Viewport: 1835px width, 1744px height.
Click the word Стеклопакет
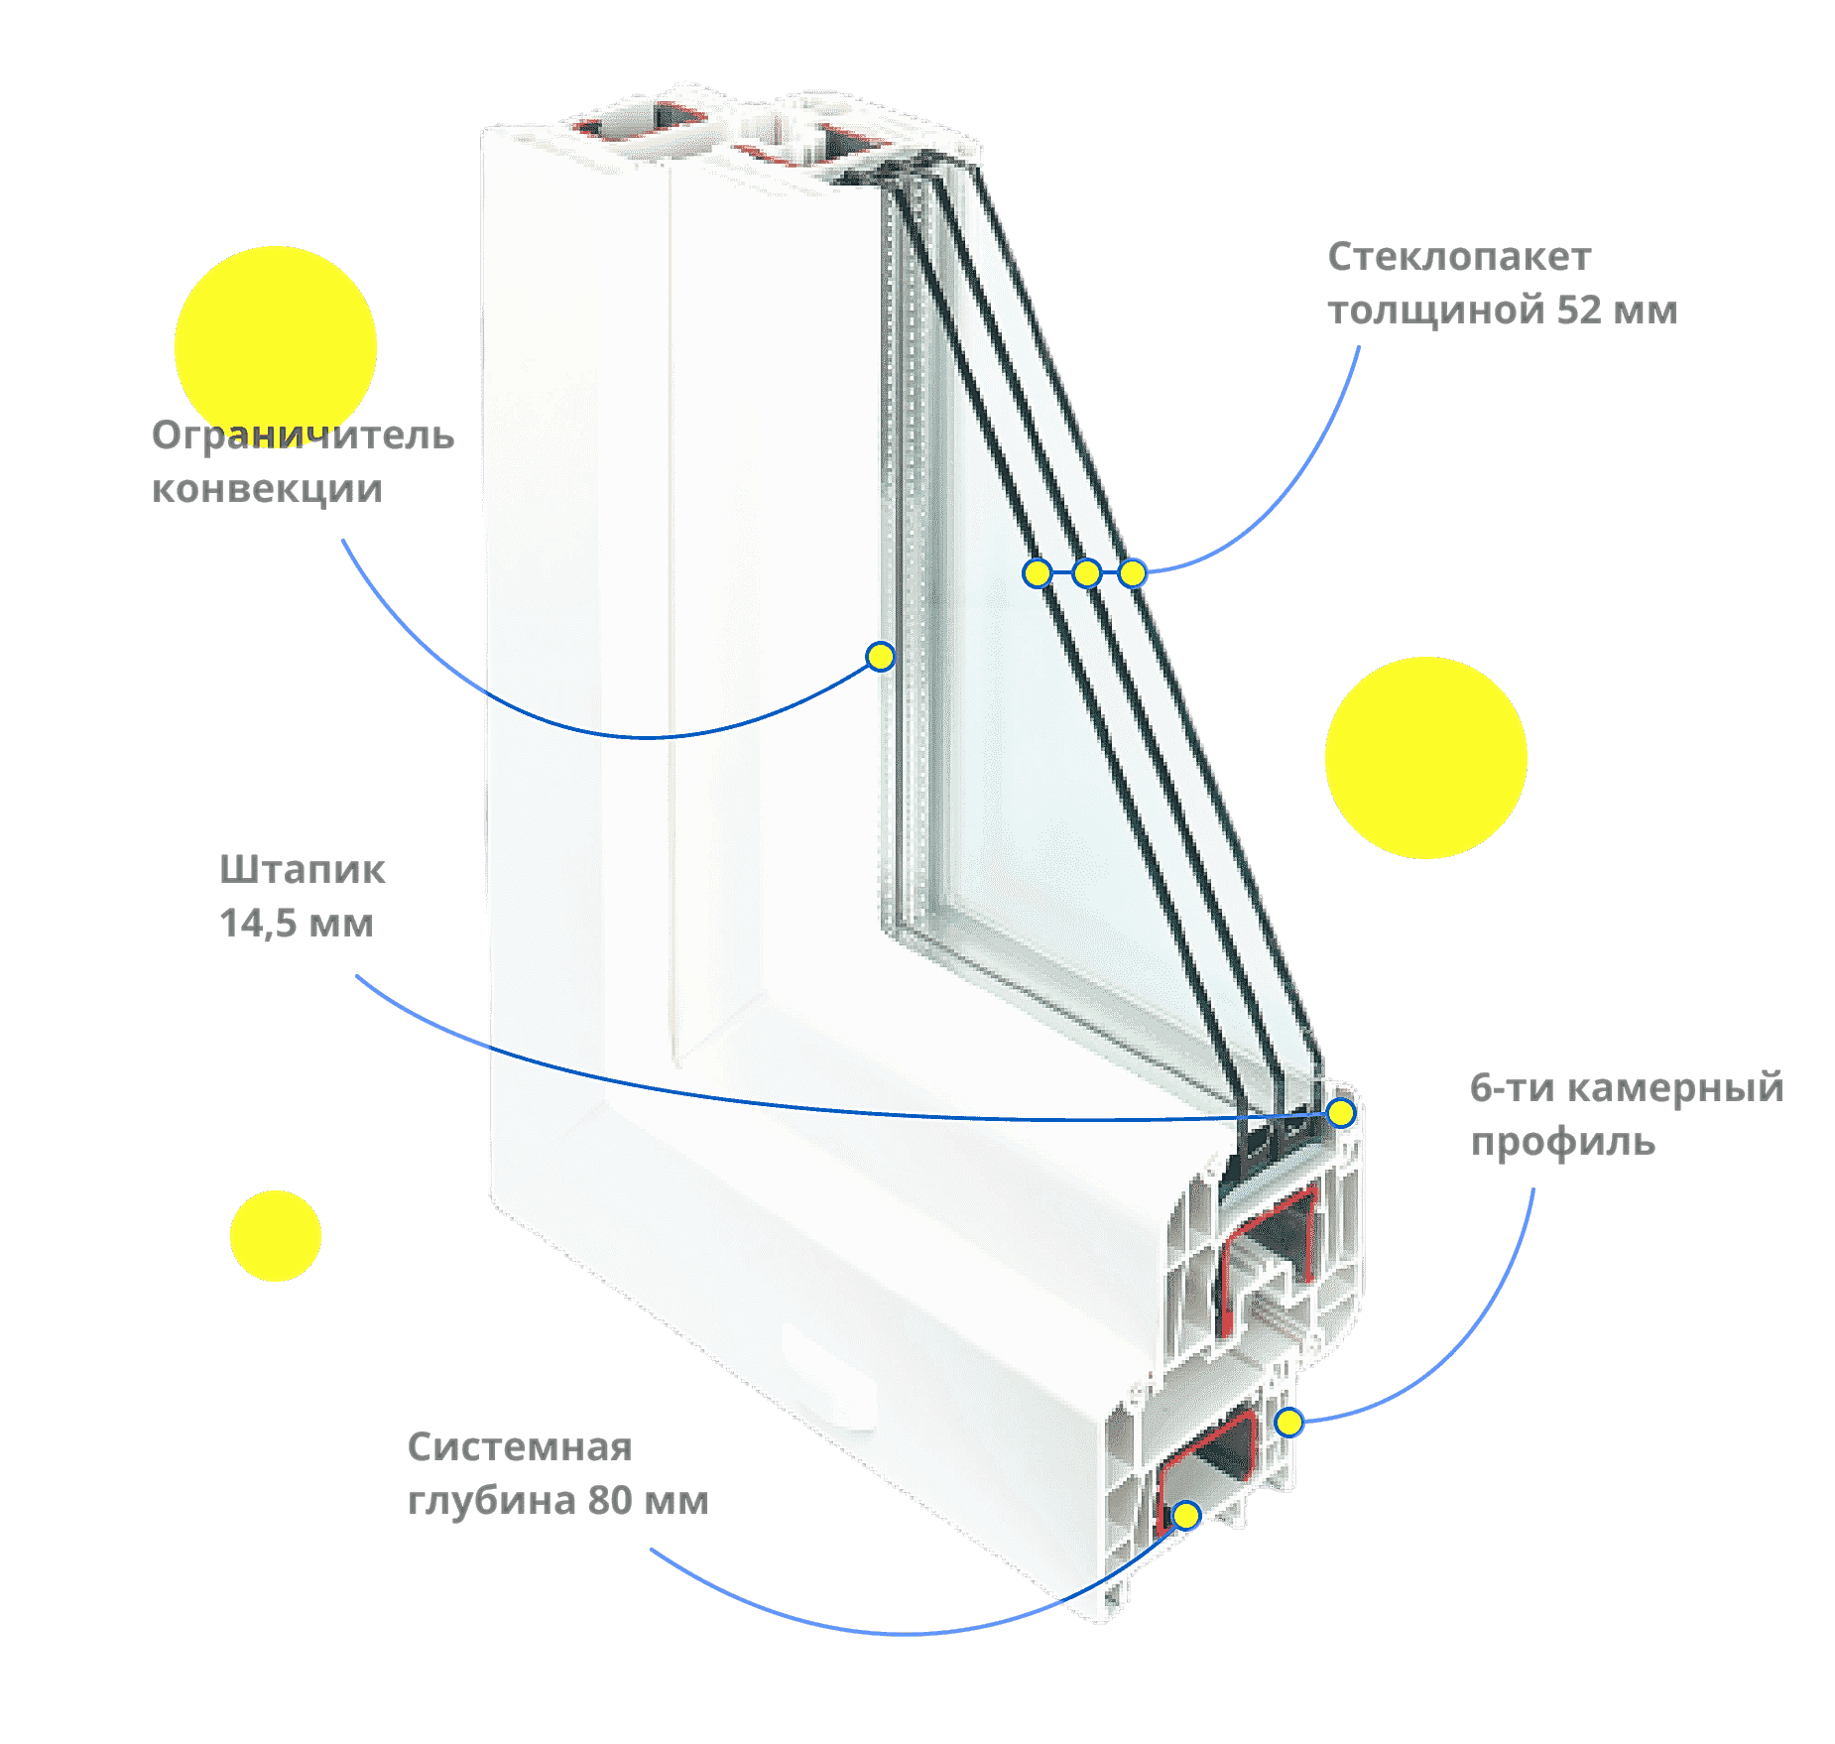point(1459,257)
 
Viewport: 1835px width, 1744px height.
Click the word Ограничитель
point(303,436)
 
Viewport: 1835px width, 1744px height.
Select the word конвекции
point(267,489)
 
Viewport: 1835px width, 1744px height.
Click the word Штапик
point(302,870)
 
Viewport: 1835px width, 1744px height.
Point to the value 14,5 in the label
point(258,925)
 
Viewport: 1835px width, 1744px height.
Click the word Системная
point(520,1447)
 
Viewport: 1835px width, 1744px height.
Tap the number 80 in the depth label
point(610,1501)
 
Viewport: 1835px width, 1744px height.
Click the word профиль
point(1562,1143)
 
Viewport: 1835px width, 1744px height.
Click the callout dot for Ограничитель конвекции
point(880,657)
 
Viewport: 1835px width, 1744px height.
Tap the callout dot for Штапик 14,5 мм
point(1341,1113)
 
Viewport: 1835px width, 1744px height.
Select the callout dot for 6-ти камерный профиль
point(1288,1423)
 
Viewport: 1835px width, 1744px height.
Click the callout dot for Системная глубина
point(1186,1516)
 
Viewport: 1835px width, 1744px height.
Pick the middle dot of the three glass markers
point(1087,572)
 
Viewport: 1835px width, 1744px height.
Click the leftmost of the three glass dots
point(1038,572)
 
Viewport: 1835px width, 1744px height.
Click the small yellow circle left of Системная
point(276,1236)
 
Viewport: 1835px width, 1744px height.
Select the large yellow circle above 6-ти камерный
point(1426,758)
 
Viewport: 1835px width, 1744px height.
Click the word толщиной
point(1437,311)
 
